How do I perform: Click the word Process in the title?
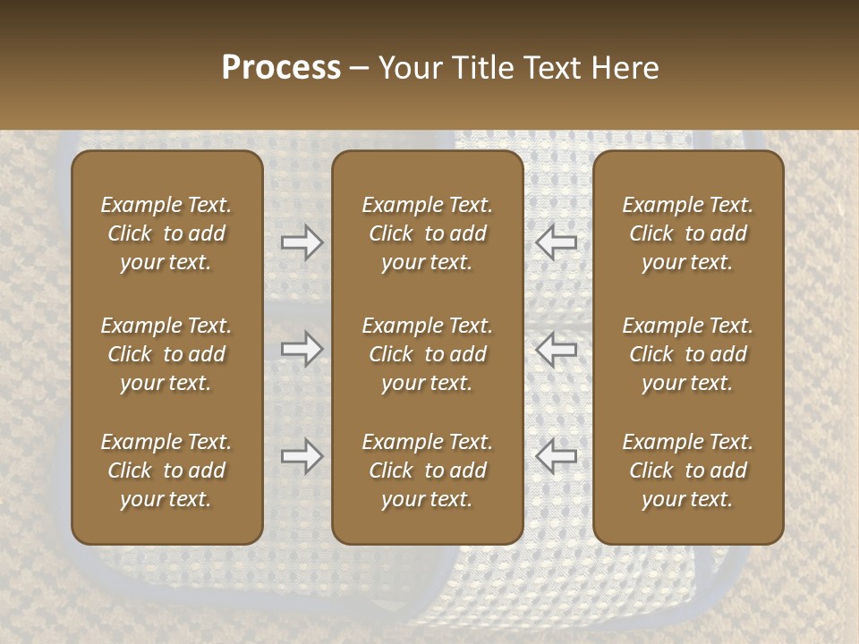(x=281, y=68)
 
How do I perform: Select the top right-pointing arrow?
(x=302, y=242)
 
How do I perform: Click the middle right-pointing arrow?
(x=302, y=349)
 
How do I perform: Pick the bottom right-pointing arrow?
(x=302, y=456)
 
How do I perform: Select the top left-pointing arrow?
(x=557, y=242)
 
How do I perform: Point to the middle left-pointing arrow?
(x=557, y=349)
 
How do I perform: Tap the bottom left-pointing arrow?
(x=557, y=456)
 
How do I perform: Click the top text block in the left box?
(x=166, y=233)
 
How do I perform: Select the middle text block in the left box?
(x=166, y=354)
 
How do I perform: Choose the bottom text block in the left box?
(x=166, y=470)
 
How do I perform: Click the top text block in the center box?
(x=428, y=233)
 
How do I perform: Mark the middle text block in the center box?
(x=428, y=354)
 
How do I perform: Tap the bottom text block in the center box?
(x=428, y=470)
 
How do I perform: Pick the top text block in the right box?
(x=688, y=233)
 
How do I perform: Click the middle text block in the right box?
(x=688, y=354)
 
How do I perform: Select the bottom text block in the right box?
(x=688, y=470)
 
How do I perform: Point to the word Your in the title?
(x=407, y=68)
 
